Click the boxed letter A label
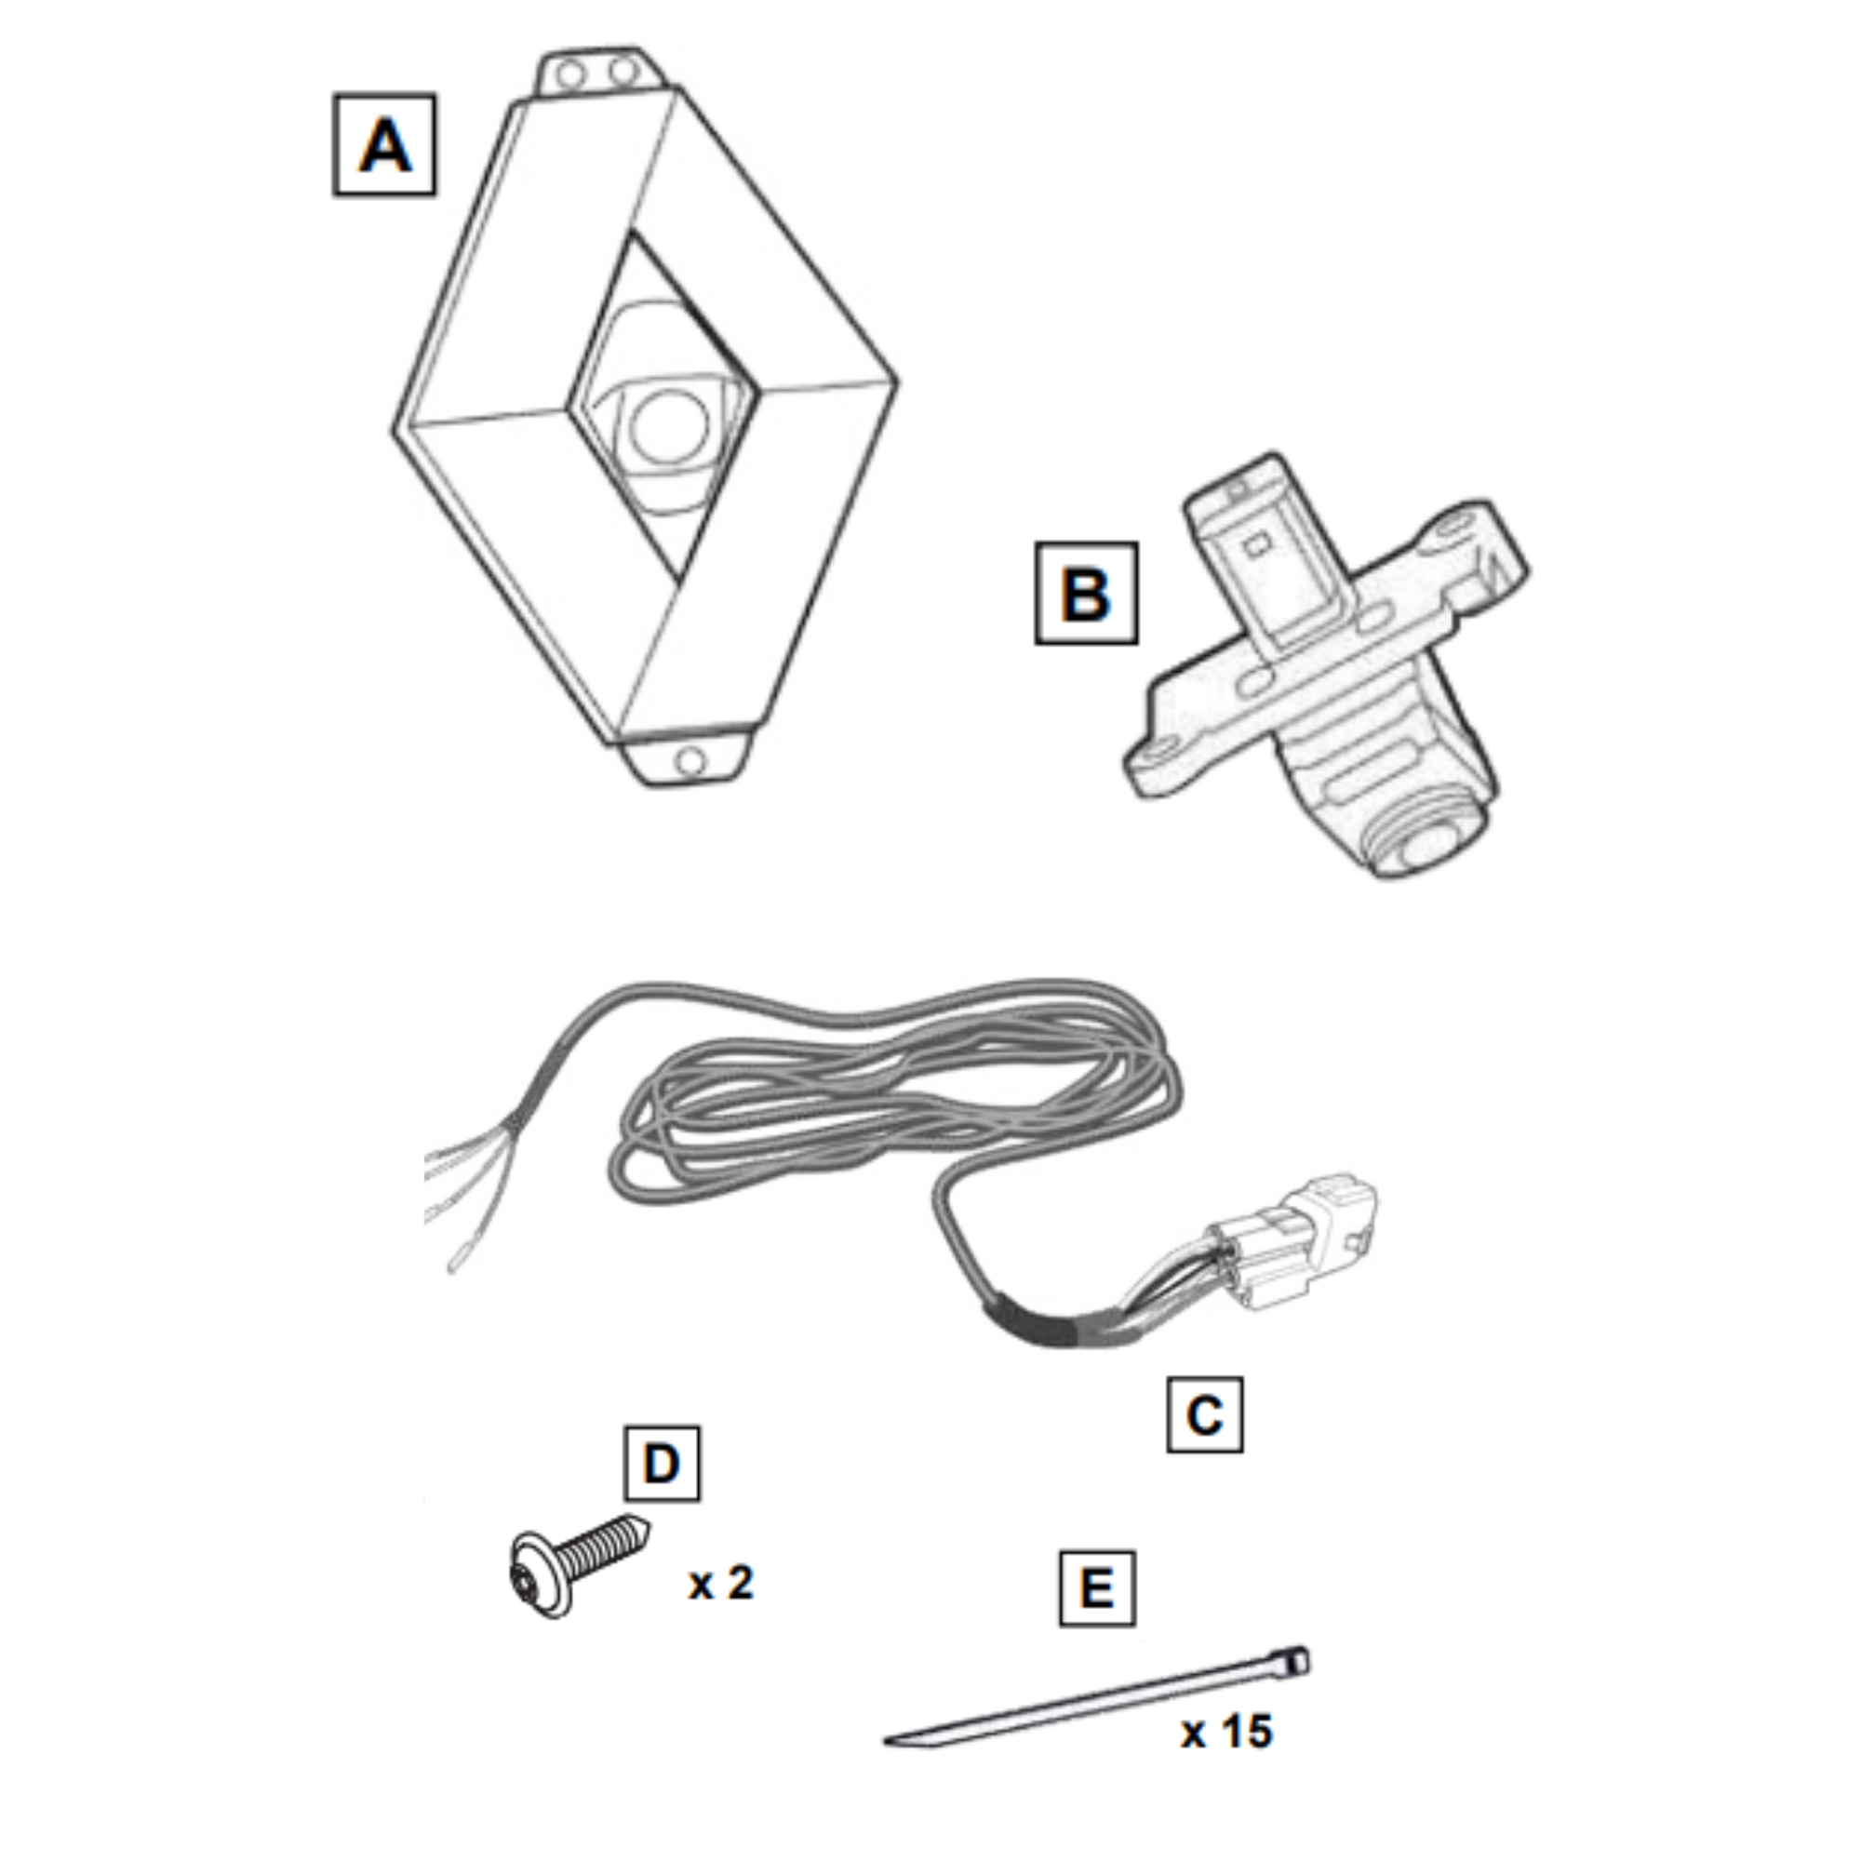(x=384, y=145)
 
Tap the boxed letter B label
(x=1086, y=594)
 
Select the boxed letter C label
(x=1204, y=1415)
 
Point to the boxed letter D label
(x=662, y=1464)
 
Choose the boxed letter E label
(x=1097, y=1589)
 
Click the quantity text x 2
(x=720, y=1584)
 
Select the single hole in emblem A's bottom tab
(x=690, y=762)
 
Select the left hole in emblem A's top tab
(x=571, y=74)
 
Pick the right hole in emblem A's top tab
(x=624, y=72)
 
